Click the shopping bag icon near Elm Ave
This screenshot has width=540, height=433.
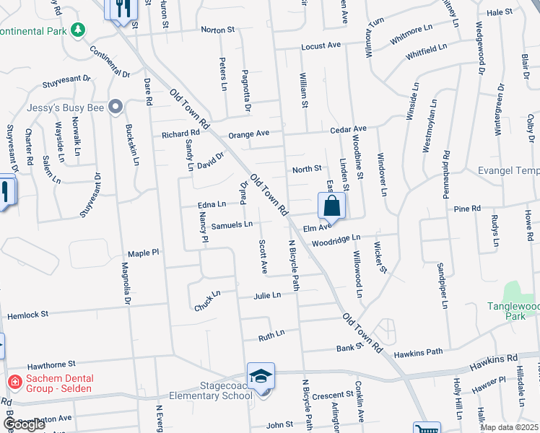(331, 206)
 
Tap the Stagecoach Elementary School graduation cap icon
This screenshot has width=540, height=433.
(261, 375)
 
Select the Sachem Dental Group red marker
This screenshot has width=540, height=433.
(13, 381)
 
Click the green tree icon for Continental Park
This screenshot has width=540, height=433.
(77, 30)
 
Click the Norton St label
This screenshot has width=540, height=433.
(217, 30)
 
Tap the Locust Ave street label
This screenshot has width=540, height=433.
(320, 45)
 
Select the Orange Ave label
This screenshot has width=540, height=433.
(248, 134)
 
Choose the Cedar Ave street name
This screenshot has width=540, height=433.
(349, 129)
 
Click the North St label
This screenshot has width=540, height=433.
(306, 170)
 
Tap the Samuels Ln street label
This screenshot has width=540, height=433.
(231, 224)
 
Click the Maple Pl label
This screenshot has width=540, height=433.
(143, 253)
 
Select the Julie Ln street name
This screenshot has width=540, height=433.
(266, 296)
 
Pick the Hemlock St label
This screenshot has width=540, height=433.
(27, 315)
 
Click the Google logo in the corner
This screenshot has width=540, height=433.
(24, 424)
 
